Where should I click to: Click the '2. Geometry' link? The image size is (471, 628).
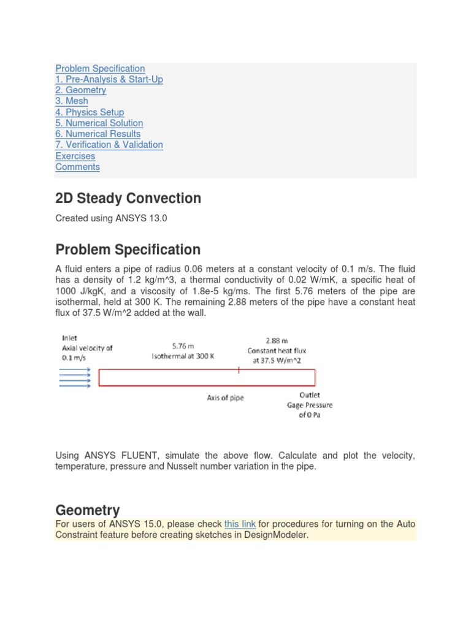point(80,90)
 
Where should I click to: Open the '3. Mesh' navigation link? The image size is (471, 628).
point(72,101)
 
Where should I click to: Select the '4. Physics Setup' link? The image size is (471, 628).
point(90,112)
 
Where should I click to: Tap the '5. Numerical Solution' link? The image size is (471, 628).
point(99,123)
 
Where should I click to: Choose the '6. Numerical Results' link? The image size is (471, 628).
point(98,134)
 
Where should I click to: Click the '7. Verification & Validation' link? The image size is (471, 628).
point(109,145)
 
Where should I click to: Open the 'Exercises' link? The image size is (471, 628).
point(75,156)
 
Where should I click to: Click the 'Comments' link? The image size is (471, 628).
point(77,167)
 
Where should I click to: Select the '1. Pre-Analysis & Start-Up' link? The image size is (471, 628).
point(109,79)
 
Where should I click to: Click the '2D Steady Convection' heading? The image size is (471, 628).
point(128,198)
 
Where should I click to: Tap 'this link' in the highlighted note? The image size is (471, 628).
point(240,524)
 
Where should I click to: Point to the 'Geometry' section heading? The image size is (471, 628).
point(88,510)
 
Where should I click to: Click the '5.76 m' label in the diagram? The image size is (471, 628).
point(183,346)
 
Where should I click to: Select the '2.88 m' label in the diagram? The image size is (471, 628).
point(277,340)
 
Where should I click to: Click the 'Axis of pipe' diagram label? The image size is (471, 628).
point(225,397)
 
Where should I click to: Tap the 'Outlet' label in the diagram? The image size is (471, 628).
point(309,395)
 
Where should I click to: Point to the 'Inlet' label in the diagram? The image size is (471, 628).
point(69,337)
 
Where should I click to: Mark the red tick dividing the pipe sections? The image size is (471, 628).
point(238,369)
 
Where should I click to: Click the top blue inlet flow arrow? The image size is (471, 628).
point(75,369)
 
